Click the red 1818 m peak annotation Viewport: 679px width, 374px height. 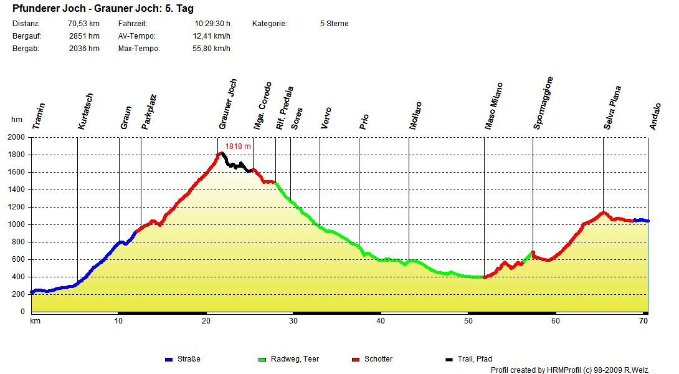(238, 146)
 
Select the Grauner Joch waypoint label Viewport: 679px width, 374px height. (228, 105)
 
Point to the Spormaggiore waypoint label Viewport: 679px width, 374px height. (543, 103)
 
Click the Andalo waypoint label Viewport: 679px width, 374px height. (655, 117)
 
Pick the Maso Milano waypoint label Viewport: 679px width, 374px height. (494, 106)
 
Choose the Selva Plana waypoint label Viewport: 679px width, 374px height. (612, 108)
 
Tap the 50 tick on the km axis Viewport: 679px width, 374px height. (468, 321)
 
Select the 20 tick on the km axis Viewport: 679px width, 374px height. (206, 321)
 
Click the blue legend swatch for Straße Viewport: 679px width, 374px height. (168, 360)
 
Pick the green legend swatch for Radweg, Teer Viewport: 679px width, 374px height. (262, 360)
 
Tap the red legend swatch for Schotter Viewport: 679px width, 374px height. (356, 360)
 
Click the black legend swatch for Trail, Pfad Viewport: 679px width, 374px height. (449, 360)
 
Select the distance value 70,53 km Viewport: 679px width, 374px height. (83, 24)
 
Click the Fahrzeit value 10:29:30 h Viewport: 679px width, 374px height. (212, 24)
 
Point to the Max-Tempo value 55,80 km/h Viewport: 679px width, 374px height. (211, 49)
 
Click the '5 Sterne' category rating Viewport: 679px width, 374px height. (334, 24)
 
